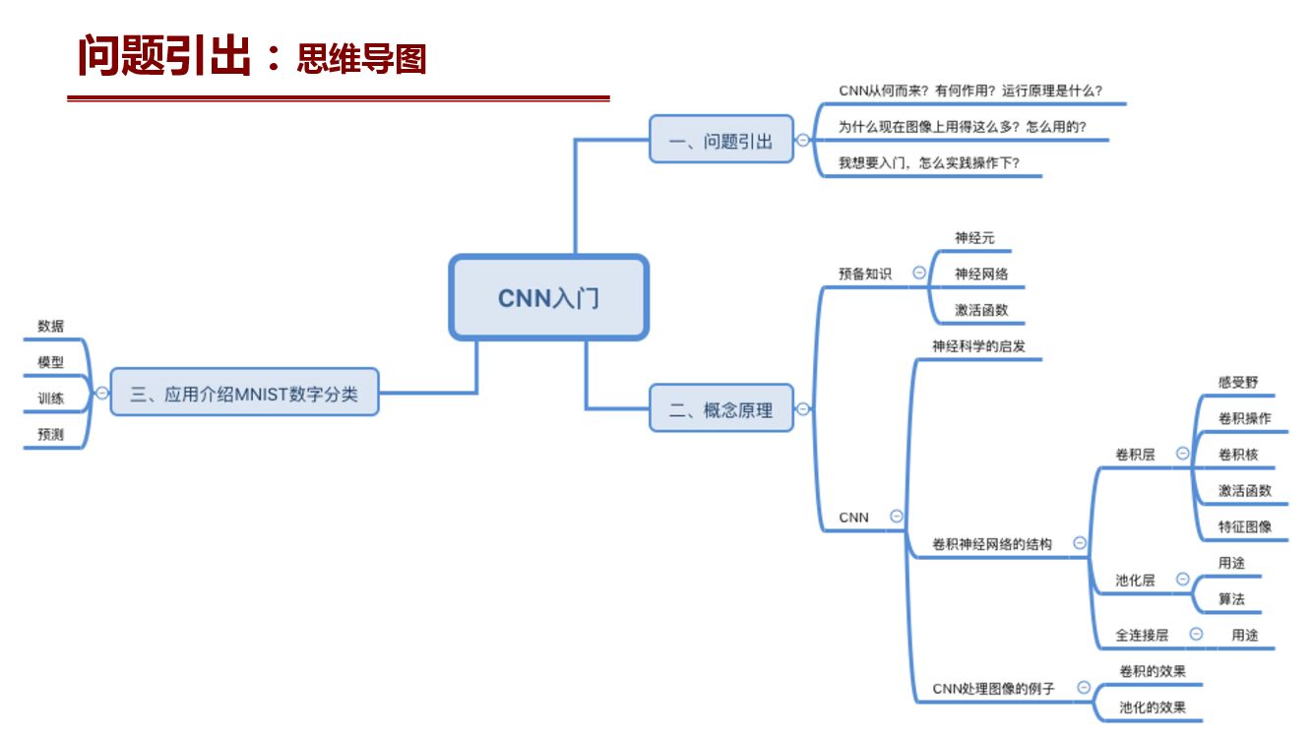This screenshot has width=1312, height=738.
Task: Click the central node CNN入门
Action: [548, 298]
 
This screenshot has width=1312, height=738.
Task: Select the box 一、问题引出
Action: [720, 141]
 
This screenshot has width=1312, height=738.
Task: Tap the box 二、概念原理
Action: [720, 409]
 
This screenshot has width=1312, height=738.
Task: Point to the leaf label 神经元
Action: [974, 237]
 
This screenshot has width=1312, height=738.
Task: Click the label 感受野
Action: [1237, 382]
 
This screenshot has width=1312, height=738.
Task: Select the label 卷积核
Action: [1237, 455]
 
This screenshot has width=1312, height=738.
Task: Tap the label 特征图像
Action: [1244, 526]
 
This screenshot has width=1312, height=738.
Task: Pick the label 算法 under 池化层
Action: [1231, 598]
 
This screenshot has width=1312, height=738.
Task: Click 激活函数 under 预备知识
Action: [981, 310]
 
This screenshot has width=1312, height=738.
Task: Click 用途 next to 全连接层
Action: [1244, 636]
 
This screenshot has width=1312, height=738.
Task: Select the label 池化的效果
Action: [1152, 707]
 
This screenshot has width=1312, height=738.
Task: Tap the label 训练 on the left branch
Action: [50, 399]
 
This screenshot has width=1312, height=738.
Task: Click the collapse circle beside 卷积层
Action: [1182, 454]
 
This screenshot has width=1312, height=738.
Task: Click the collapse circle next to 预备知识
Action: [919, 273]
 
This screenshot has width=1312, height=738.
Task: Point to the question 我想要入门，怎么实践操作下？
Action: [928, 163]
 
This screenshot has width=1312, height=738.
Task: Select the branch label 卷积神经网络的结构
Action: [992, 544]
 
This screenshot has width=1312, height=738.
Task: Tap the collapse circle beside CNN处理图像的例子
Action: [1084, 688]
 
